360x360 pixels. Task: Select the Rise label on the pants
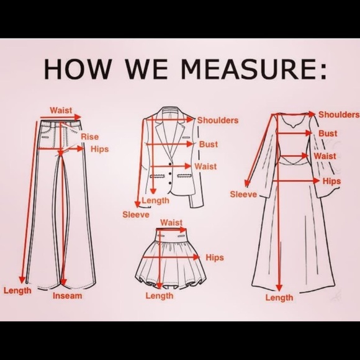89,137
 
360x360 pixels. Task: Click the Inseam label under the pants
67,295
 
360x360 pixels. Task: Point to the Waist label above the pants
61,110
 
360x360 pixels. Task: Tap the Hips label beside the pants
100,149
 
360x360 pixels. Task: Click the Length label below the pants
17,290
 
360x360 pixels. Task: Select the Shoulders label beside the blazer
218,120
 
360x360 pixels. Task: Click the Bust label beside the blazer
209,145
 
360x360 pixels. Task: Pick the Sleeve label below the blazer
135,215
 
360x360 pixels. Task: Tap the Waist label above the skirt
171,222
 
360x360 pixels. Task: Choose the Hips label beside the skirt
215,258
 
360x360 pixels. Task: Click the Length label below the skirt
160,295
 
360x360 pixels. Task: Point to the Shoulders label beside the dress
339,115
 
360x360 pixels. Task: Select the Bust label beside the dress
328,133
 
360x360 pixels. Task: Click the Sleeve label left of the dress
243,194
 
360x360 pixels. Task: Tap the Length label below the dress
279,298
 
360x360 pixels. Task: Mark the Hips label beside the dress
332,181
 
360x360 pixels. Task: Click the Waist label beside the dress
325,156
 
